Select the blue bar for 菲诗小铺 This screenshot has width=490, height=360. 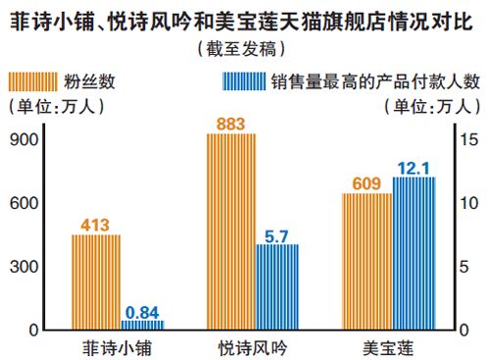coord(143,324)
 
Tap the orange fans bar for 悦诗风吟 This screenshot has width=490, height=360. coord(230,231)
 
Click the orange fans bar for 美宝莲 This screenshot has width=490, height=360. coord(366,261)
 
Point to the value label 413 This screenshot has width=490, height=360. coord(95,224)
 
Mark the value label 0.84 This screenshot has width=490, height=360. coord(143,310)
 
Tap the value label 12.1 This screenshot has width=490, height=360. coord(413,168)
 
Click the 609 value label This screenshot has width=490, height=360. coord(366,182)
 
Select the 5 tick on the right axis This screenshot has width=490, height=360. coord(470,267)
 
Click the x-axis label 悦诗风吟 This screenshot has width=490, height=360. coord(253,347)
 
